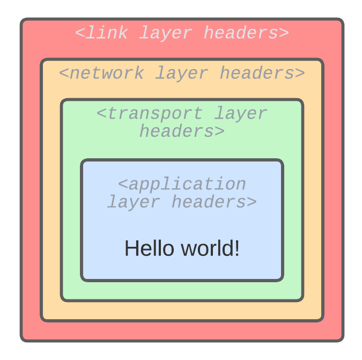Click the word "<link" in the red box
click(x=101, y=33)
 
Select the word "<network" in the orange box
click(x=101, y=73)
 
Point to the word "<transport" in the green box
click(x=150, y=114)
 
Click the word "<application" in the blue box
click(x=182, y=184)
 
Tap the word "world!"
click(x=210, y=248)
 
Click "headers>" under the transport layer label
click(x=182, y=131)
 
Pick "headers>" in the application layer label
click(x=214, y=202)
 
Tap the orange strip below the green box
click(x=182, y=311)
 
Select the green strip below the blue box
click(x=182, y=290)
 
